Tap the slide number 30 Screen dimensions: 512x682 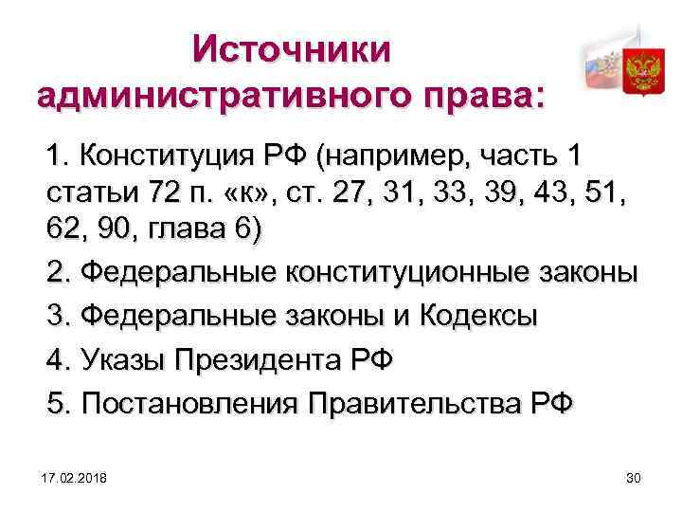(x=634, y=476)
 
